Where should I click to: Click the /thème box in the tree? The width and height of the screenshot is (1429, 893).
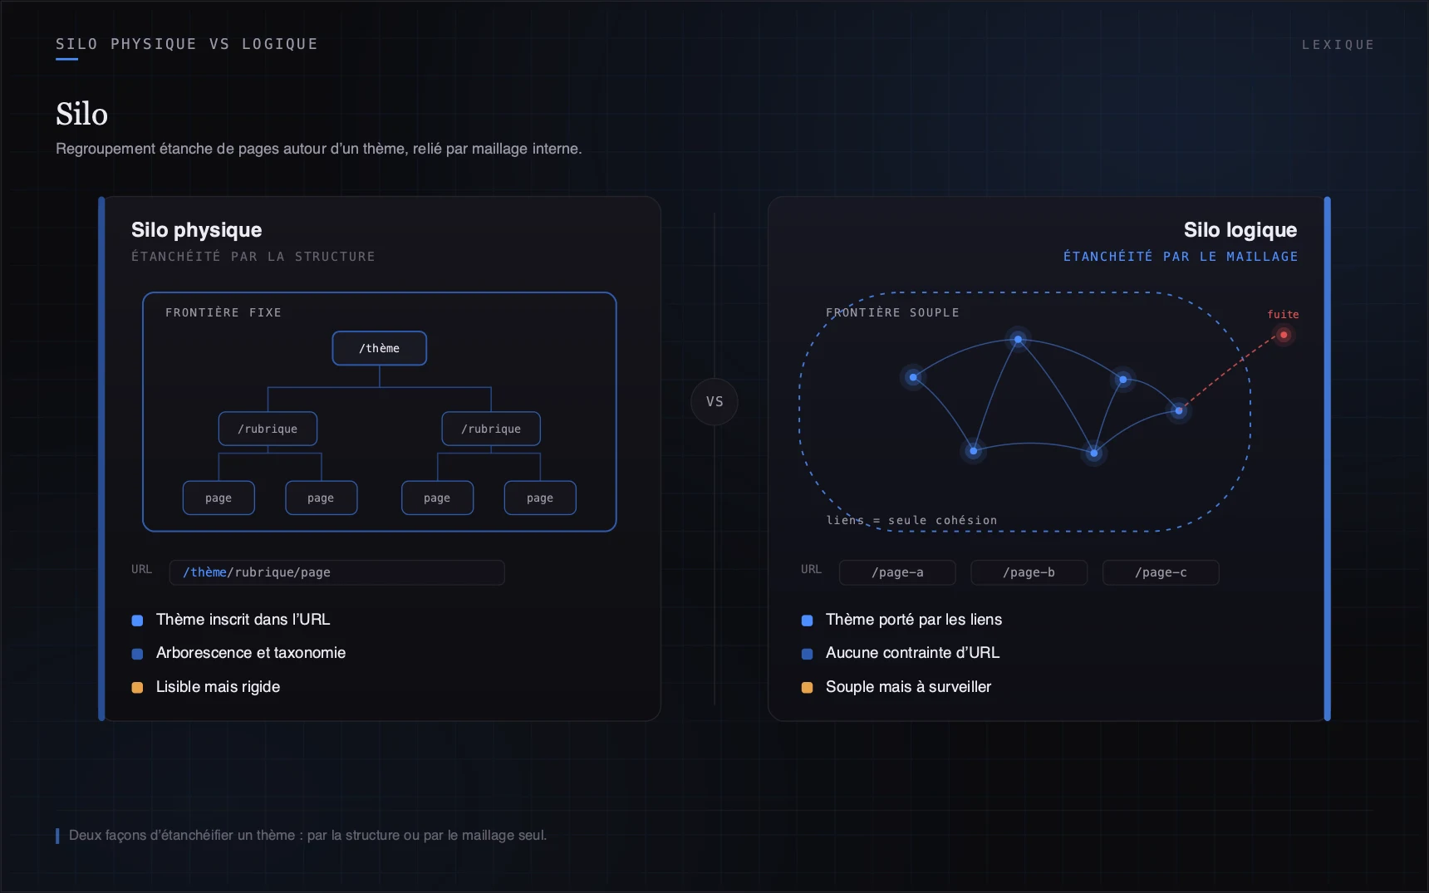(x=380, y=348)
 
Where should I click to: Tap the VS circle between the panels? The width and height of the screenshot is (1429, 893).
(x=714, y=401)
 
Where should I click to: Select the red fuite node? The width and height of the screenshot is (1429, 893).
(x=1284, y=335)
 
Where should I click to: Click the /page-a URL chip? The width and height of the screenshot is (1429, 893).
(x=897, y=572)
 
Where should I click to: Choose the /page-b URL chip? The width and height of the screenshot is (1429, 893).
(x=1029, y=572)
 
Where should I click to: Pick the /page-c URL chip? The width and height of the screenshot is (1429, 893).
(x=1161, y=572)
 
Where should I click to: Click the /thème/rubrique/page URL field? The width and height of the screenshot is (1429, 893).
(x=336, y=572)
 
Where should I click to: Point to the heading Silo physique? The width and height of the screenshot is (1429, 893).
(x=197, y=230)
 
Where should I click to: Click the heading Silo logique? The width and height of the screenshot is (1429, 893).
(x=1240, y=230)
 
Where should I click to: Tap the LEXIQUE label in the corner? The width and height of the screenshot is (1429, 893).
(x=1338, y=45)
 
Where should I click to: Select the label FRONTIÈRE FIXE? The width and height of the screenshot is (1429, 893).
(x=223, y=312)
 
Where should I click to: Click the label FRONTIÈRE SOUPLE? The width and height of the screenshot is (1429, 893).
(x=892, y=312)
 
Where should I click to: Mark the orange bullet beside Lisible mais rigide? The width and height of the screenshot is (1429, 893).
(x=138, y=687)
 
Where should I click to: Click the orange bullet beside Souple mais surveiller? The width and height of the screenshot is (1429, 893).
(x=807, y=687)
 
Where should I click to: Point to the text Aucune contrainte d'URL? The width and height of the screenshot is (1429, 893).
(x=912, y=653)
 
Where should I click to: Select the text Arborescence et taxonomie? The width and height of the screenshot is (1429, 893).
(x=251, y=653)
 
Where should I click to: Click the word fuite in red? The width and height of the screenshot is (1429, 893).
(x=1283, y=314)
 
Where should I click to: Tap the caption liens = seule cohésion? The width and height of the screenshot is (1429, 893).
(x=911, y=520)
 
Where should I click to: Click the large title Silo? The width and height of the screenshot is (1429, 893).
(x=81, y=114)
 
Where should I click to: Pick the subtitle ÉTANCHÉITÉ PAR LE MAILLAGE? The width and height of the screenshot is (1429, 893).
(x=1181, y=257)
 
